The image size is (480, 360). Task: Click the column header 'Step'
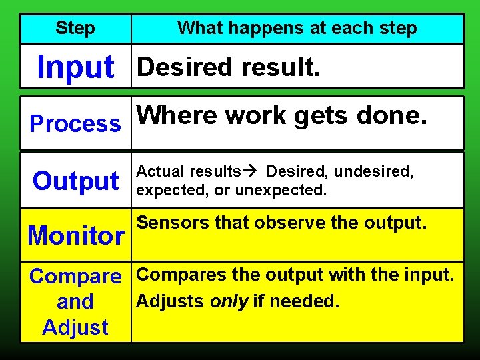coord(75,29)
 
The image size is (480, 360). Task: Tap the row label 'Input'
coord(75,67)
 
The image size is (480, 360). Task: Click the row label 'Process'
coord(75,124)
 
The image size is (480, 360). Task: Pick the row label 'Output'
coord(75,181)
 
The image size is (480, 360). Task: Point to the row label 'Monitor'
coord(75,235)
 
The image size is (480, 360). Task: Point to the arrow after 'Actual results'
coord(253,172)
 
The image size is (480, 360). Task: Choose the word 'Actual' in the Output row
coord(161,172)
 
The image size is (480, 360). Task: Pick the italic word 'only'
coord(229,301)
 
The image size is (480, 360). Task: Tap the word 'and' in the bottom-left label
coord(75,302)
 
